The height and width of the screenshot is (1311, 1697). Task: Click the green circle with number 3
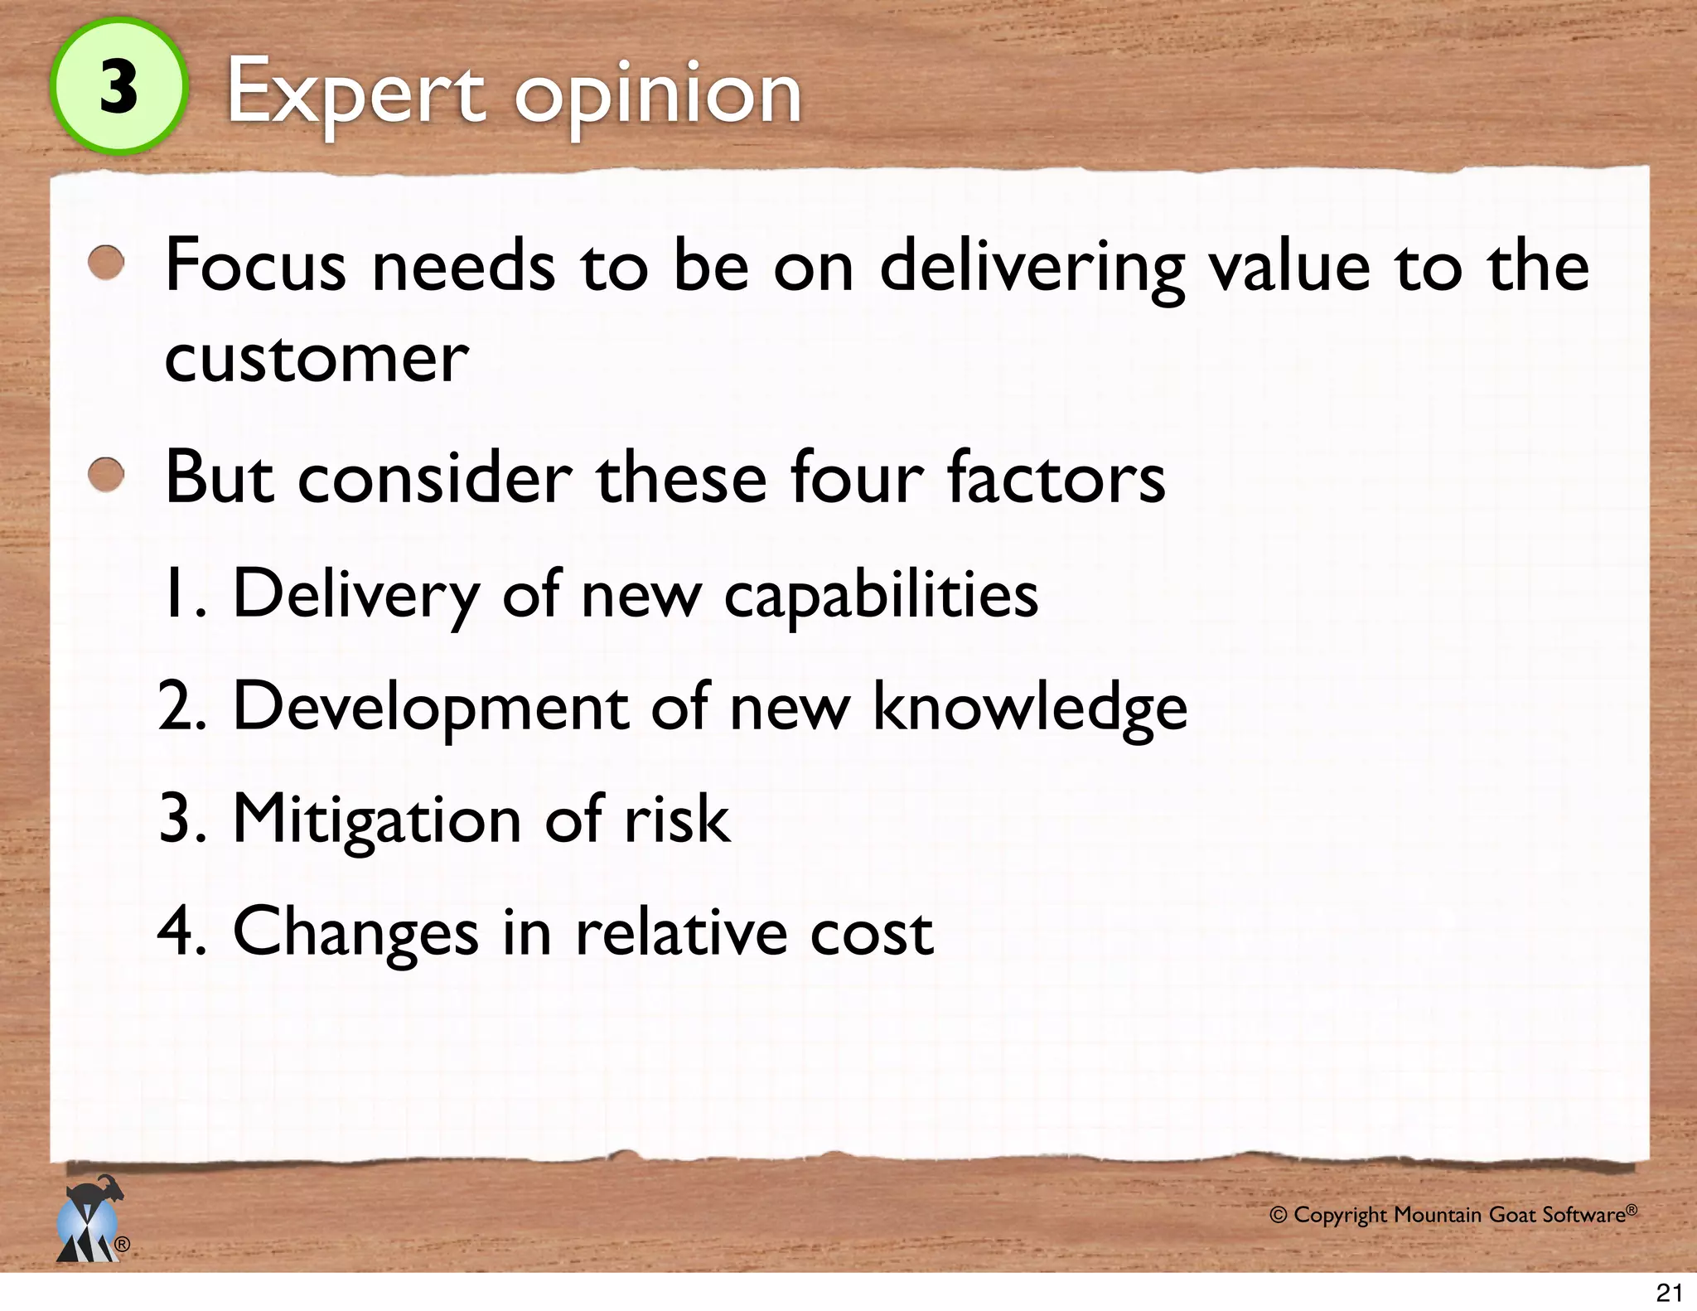pyautogui.click(x=118, y=86)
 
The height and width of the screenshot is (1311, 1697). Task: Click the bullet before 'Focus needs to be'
pyautogui.click(x=107, y=264)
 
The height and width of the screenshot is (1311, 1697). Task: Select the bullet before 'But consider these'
pyautogui.click(x=107, y=476)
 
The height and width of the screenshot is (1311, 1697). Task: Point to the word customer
pyautogui.click(x=317, y=359)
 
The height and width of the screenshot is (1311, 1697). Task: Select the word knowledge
pyautogui.click(x=1030, y=707)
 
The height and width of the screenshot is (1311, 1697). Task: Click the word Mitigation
pyautogui.click(x=377, y=820)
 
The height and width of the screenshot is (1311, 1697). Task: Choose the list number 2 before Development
pyautogui.click(x=181, y=707)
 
